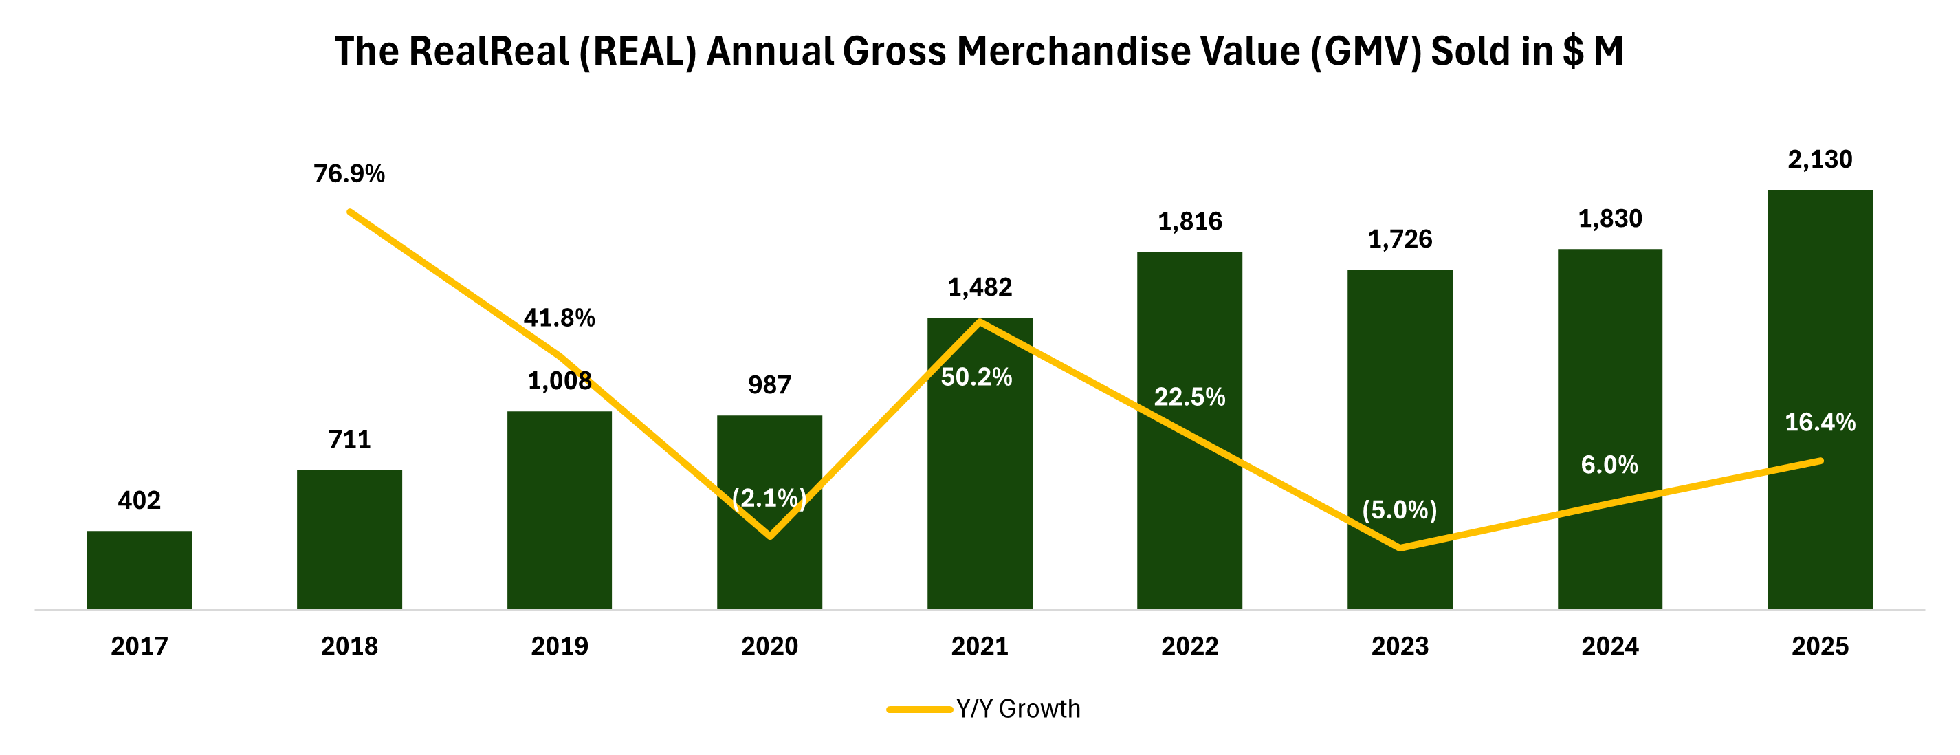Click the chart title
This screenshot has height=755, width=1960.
(979, 52)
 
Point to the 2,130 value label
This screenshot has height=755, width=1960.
(1819, 160)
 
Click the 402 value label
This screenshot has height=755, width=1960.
(140, 501)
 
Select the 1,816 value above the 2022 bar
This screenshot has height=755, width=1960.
(1190, 221)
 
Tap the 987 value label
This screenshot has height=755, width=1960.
(769, 385)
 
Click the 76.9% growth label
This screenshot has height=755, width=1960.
(349, 174)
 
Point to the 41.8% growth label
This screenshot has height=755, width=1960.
(559, 318)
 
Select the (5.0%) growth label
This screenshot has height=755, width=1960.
(1399, 510)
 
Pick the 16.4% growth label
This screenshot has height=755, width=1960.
(1820, 422)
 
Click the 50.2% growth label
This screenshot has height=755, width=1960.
(976, 377)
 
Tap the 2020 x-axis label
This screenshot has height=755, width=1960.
(769, 646)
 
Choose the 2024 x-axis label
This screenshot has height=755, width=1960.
(1610, 646)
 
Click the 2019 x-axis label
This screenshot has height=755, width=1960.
(559, 646)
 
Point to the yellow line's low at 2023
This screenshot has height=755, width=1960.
(1400, 548)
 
